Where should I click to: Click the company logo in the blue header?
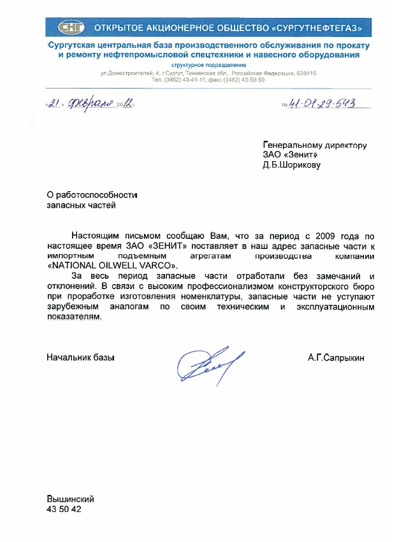tap(69, 27)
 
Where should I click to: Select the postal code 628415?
tap(305, 73)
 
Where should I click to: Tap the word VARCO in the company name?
tap(153, 266)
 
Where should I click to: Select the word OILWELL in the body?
tap(112, 266)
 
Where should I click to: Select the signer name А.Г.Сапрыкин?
tap(336, 358)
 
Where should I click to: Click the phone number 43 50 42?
tap(64, 510)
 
